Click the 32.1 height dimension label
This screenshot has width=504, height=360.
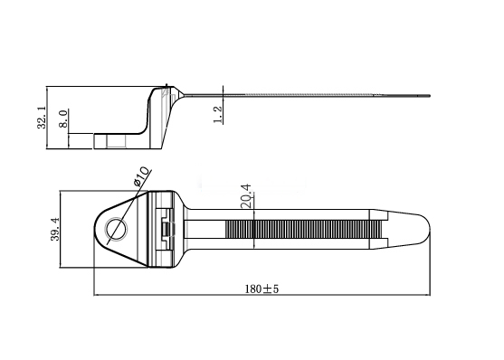pos(43,118)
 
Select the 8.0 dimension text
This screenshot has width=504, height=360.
pos(63,118)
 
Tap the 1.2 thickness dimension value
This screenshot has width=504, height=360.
pos(217,115)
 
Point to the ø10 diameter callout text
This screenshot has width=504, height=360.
pos(141,175)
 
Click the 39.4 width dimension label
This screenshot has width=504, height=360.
pos(55,229)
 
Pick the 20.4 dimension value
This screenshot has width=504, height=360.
pos(246,195)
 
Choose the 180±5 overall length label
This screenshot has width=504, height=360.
pos(262,289)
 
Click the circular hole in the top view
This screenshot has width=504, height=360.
pos(117,229)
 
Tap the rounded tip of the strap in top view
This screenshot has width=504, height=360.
pos(425,229)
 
